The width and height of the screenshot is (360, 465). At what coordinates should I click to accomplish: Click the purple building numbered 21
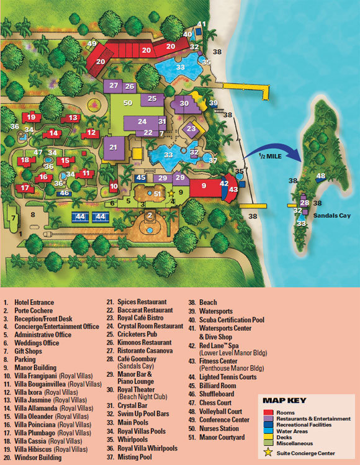113,148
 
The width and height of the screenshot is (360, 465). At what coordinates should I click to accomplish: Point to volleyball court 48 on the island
320,176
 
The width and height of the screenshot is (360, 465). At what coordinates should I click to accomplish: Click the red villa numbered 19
31,117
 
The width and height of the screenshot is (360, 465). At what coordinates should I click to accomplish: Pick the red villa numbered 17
25,187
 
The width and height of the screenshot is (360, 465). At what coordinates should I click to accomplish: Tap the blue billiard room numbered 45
140,178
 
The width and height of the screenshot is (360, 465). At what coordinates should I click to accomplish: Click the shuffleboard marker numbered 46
64,193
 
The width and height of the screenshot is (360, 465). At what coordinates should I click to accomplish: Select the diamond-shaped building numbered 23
191,129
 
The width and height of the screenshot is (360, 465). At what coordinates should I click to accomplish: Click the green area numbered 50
128,102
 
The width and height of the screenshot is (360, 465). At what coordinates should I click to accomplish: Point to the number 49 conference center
92,44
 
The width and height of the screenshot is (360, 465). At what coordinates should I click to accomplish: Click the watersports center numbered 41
201,25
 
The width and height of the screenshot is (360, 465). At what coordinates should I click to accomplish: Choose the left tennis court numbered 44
79,217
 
